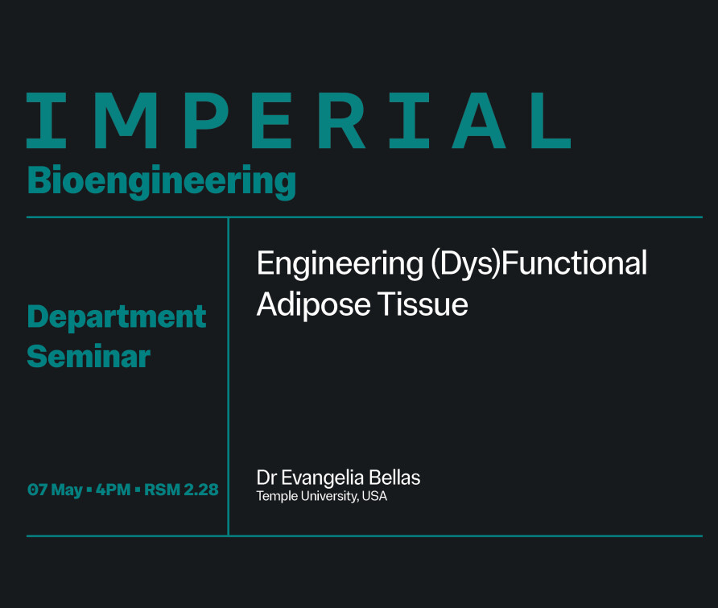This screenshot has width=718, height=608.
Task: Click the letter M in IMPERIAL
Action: point(125,121)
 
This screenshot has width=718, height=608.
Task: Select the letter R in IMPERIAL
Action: point(341,121)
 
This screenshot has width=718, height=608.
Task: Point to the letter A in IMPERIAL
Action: point(479,121)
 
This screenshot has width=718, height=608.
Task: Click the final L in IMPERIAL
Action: point(551,121)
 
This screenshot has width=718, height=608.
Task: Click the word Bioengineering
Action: point(162,181)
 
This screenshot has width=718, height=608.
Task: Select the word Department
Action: point(117,317)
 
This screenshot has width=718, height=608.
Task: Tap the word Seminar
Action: point(89,356)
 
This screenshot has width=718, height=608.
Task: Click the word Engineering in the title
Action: point(340,264)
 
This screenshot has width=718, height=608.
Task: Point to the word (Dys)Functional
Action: point(539,263)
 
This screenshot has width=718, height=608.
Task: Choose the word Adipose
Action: point(314,305)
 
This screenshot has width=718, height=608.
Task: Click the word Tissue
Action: point(423,304)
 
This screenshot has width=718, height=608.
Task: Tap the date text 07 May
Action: point(55,490)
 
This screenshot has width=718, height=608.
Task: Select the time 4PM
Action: point(113,490)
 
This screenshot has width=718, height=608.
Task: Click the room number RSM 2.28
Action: point(181,490)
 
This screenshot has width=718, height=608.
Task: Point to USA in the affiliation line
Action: point(374,496)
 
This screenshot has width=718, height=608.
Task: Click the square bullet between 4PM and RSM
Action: point(138,490)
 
